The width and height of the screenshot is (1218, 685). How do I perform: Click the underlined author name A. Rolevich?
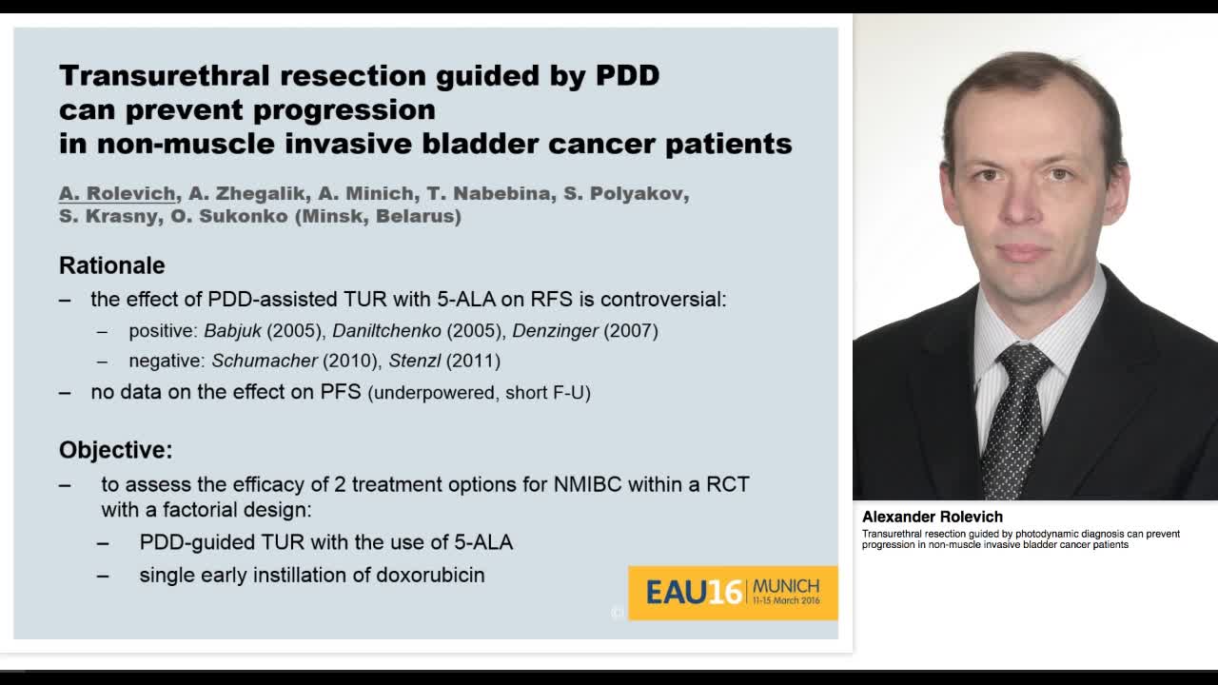(x=117, y=193)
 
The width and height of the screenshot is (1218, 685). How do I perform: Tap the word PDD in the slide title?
(x=627, y=75)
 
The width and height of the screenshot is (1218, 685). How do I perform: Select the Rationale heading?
(x=112, y=265)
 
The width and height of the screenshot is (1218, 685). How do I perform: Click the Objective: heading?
(x=116, y=450)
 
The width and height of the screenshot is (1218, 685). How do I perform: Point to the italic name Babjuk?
(x=232, y=331)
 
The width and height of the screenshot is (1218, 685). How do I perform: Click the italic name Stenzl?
(x=415, y=361)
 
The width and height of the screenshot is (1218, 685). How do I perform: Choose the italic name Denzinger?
(x=556, y=331)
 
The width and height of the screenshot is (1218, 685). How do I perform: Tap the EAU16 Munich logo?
(x=732, y=593)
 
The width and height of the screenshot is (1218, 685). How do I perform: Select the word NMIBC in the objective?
(x=587, y=484)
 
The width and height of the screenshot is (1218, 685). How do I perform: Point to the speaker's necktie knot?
(x=1023, y=362)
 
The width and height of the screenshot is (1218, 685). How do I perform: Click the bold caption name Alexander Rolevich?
(x=933, y=517)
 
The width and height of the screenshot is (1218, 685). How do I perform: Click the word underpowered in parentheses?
(x=435, y=393)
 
